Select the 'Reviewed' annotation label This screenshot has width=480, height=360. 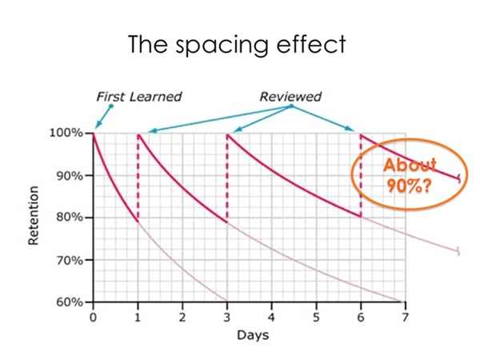coord(290,97)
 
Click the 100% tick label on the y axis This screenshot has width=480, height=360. coord(69,133)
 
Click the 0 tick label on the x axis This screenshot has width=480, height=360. coord(94,317)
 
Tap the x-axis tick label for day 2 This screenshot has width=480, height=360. coord(182,317)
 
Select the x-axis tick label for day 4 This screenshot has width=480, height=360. coord(272,317)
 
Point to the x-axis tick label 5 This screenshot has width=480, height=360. coord(316,317)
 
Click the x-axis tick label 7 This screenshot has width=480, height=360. coord(405,317)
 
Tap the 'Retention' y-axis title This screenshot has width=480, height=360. coord(34,218)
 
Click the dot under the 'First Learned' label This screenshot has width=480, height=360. coord(112,106)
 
